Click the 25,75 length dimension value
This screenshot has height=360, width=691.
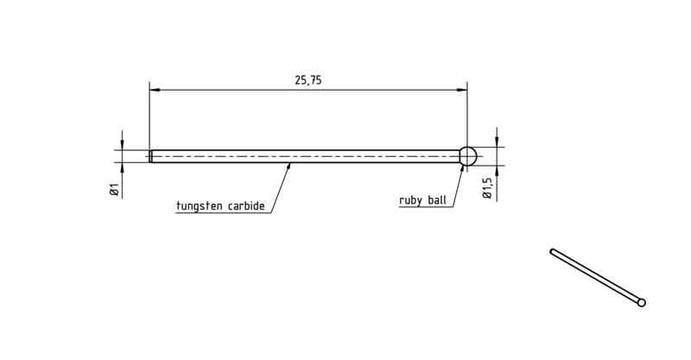[308, 80]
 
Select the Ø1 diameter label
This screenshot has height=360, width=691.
[115, 189]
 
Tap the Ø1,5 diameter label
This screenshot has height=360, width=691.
[487, 188]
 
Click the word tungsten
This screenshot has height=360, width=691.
[200, 205]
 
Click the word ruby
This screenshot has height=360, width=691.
[411, 200]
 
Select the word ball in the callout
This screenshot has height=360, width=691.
[437, 200]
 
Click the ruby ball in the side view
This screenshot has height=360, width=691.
[468, 156]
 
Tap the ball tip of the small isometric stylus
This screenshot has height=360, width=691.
[642, 302]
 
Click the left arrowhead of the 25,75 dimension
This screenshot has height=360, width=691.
[155, 90]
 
